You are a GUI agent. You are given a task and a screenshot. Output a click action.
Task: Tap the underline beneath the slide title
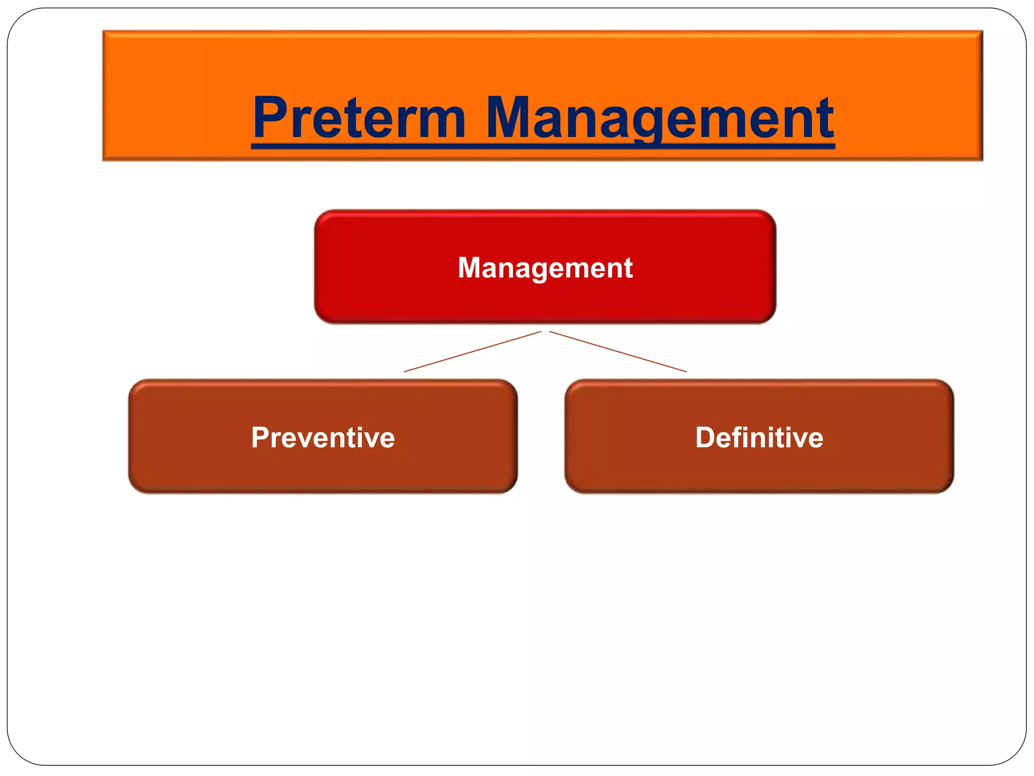coord(543,146)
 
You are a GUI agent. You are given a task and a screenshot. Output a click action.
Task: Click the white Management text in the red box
coord(545,268)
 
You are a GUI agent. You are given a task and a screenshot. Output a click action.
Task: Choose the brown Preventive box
coord(323,470)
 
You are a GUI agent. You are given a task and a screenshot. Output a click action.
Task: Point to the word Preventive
coord(323,438)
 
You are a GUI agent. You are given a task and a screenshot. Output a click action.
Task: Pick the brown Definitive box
coord(759,470)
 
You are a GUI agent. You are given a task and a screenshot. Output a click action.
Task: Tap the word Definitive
coord(759,438)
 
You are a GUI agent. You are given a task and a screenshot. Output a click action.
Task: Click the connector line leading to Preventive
coord(472,352)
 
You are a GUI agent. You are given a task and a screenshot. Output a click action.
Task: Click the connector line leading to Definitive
coord(618,352)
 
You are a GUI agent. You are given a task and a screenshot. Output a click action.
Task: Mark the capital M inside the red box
coord(470,268)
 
